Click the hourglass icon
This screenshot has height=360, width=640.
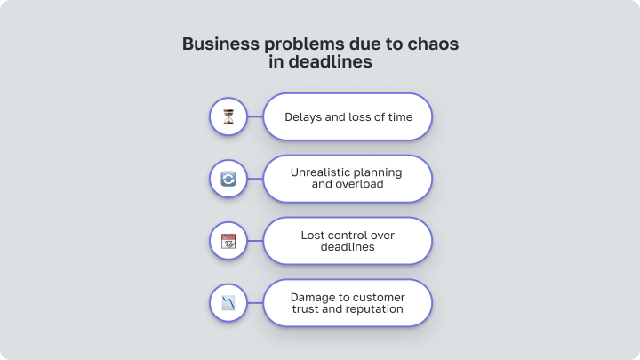coord(228,116)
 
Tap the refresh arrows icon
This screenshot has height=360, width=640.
coord(228,179)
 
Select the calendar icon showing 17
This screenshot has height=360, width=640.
coord(228,241)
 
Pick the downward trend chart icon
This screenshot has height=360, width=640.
coord(228,303)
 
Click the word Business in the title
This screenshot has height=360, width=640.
coord(220,44)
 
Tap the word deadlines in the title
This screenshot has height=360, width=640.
coord(330,61)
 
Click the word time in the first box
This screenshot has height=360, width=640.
coord(400,117)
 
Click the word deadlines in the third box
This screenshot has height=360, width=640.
coord(348,247)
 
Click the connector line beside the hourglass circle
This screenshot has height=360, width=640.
coord(255,116)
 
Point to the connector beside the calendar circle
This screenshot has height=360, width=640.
coord(255,241)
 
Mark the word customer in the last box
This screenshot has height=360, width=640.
coord(380,297)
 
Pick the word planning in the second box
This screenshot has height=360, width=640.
coord(378,172)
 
